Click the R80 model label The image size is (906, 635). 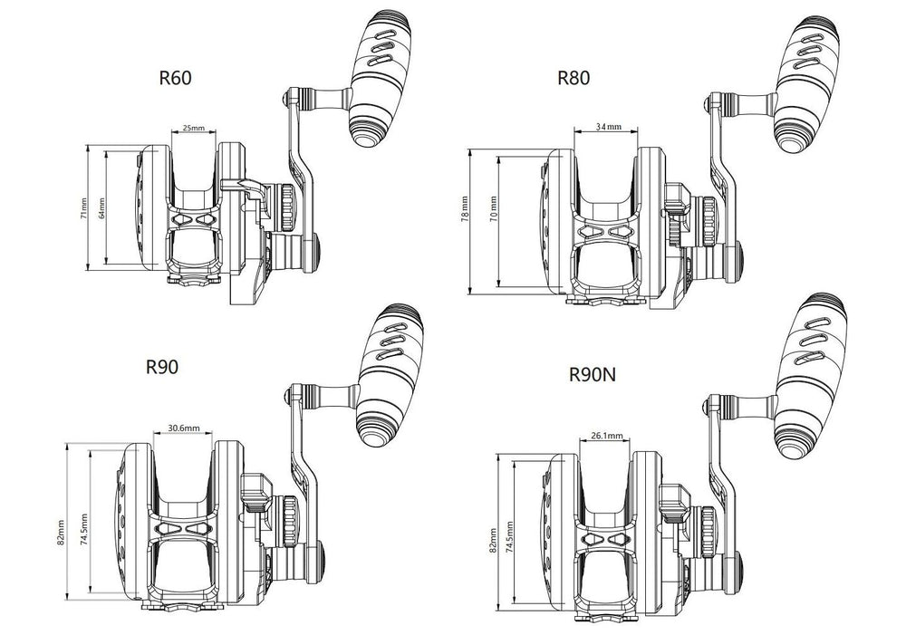coord(573,78)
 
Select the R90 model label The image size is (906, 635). coord(161,367)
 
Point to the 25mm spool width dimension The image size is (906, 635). coord(193,129)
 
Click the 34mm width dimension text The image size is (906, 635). coord(609,127)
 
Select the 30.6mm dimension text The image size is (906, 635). coord(184,428)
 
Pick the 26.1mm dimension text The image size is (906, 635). coord(606,436)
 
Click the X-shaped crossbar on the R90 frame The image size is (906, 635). coord(185,530)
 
